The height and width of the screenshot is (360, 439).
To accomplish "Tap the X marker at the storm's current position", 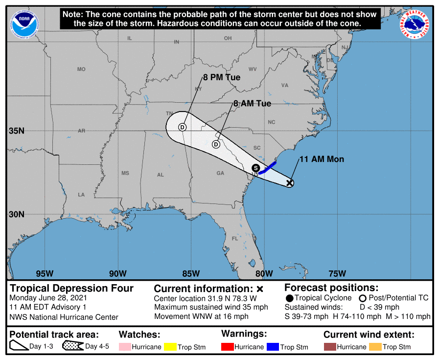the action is pos(289,183).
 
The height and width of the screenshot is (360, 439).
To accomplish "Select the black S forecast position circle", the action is pos(255,168).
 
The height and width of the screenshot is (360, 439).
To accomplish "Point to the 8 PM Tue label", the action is pos(222,77).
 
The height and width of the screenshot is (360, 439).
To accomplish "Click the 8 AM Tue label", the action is pos(252,104).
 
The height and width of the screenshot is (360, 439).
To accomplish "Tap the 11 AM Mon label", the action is pos(321,159).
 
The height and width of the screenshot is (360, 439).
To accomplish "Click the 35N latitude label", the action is pos(16,131).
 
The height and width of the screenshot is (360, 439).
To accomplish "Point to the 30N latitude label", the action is pos(16,214).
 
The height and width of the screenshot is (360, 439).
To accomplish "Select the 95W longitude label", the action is pos(45,273).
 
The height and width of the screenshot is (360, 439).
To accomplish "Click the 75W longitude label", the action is pos(337,273).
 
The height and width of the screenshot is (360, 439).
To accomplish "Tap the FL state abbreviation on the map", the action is pos(235,239).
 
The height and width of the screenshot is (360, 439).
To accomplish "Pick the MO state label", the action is pos(81,69).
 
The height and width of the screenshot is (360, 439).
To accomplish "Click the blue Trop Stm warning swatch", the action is pos(272,347).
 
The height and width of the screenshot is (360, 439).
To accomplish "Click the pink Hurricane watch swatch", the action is pos(125,347).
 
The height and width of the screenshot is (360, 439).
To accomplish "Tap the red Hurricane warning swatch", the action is pos(228,347).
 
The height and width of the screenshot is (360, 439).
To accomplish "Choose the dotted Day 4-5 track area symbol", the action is pos(72,346).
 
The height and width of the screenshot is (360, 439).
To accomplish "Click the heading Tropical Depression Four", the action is pos(71,289).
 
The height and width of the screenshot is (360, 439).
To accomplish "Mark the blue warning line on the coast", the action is pos(268,168).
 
